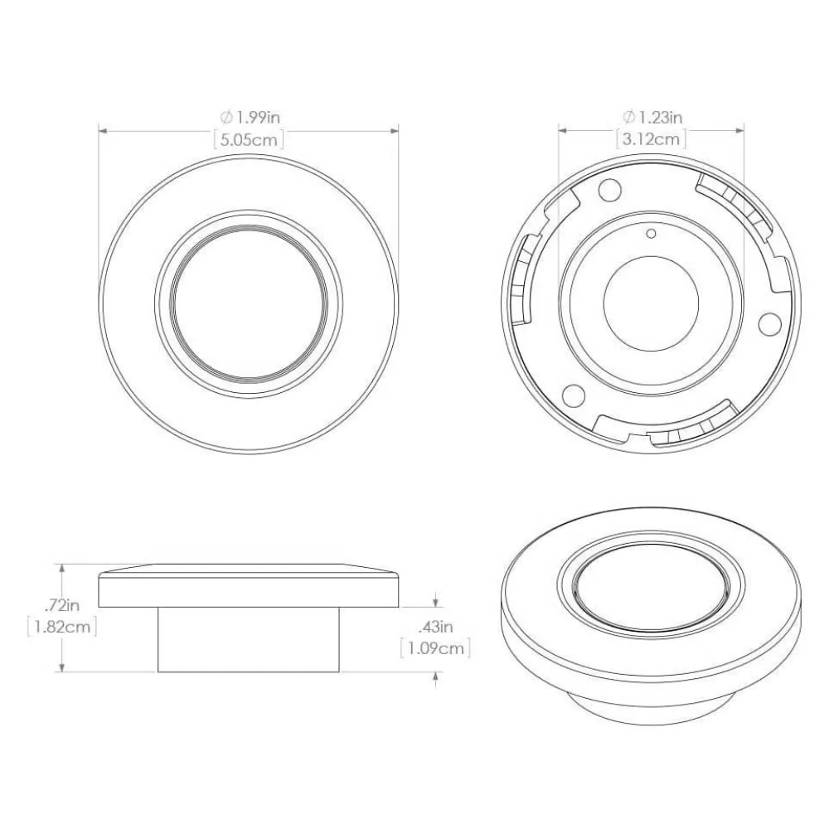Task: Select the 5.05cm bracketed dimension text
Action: (249, 140)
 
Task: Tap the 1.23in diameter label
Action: (652, 117)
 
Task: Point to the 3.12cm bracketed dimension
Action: (652, 139)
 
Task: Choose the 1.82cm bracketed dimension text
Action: (62, 627)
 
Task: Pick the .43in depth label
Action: (436, 627)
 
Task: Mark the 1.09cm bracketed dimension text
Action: (436, 648)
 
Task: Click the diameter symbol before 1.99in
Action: (226, 117)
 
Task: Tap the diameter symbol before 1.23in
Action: (629, 117)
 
